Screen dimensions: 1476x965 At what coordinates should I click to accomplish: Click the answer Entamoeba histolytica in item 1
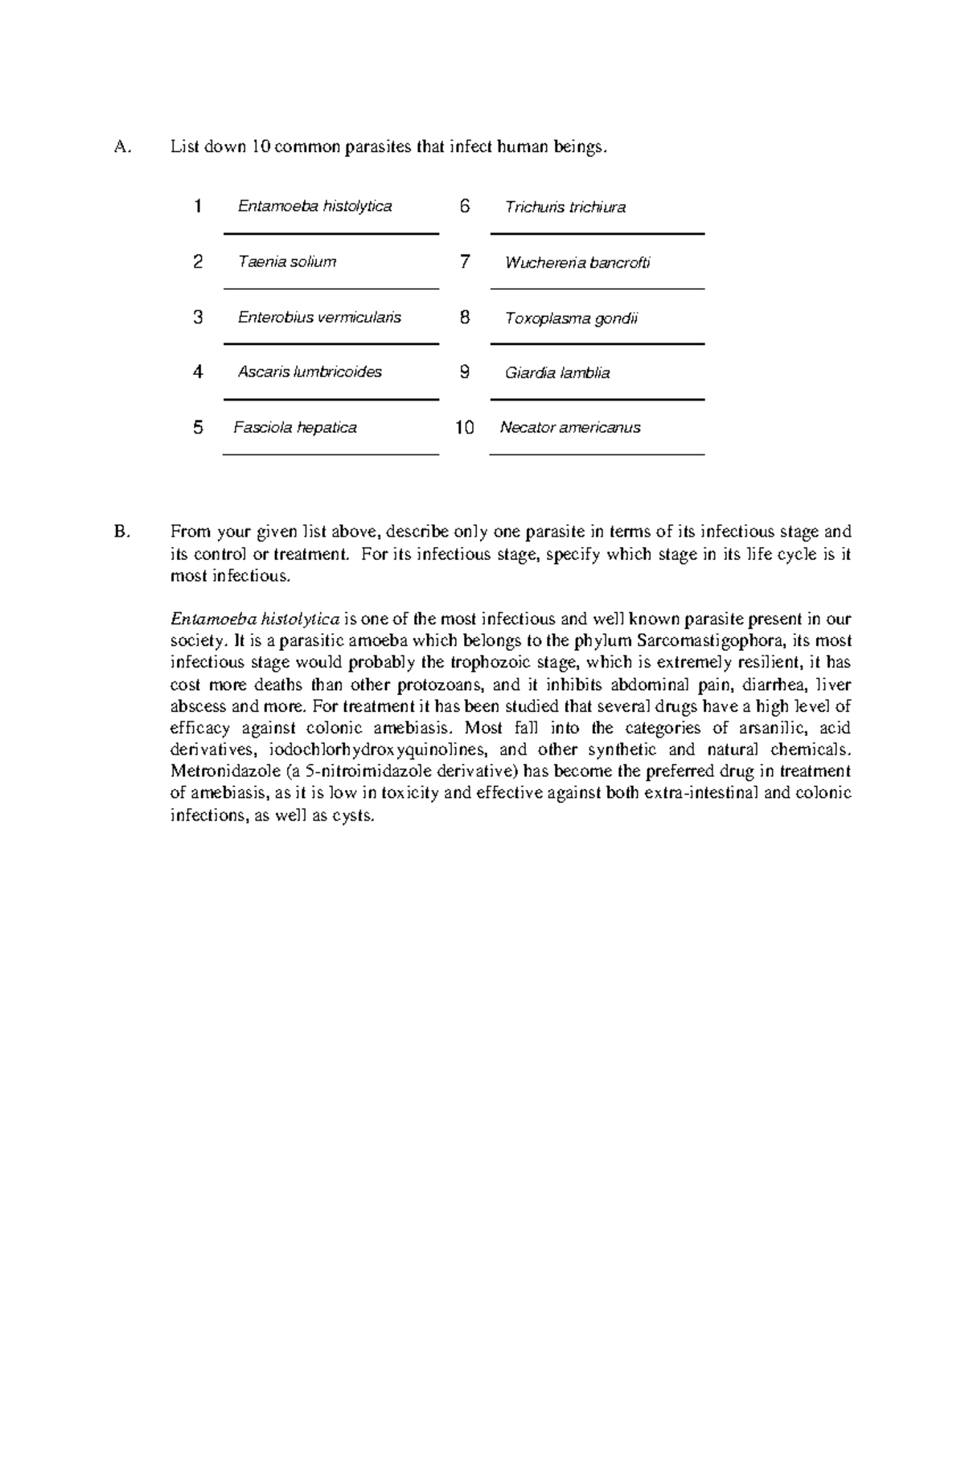314,207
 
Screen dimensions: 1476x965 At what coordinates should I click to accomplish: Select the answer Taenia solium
286,261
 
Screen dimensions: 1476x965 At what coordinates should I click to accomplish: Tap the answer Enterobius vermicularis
318,317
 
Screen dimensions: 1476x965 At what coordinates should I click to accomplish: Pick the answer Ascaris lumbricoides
310,372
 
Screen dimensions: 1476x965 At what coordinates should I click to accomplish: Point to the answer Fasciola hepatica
294,427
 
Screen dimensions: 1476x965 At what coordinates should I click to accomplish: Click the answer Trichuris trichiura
565,208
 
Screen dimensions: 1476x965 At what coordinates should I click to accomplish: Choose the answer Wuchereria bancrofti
577,262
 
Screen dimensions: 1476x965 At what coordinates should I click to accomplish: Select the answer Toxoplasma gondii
570,318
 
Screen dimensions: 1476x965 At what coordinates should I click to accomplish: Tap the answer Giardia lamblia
556,372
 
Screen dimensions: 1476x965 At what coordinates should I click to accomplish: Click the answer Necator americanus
569,427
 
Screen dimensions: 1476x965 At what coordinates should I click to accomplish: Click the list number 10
464,427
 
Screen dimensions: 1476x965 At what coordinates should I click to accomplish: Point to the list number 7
464,261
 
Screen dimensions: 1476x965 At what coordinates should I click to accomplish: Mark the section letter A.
121,147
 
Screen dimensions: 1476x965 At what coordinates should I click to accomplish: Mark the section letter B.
121,532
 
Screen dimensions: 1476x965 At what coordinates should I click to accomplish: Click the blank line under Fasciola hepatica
331,454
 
